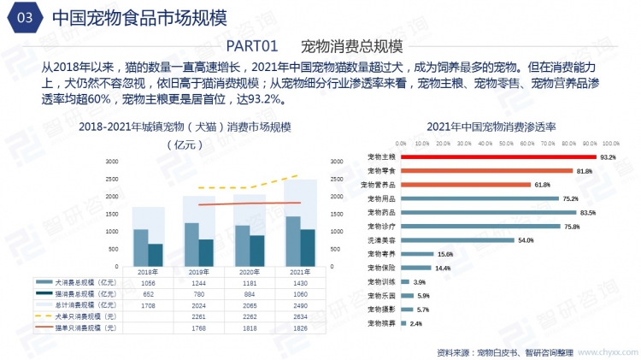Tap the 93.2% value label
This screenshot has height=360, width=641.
608,157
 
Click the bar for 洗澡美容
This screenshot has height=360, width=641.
456,240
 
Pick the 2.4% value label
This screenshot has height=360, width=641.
416,323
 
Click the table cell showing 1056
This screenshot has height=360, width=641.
148,282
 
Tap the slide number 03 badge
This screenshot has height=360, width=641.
23,17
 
